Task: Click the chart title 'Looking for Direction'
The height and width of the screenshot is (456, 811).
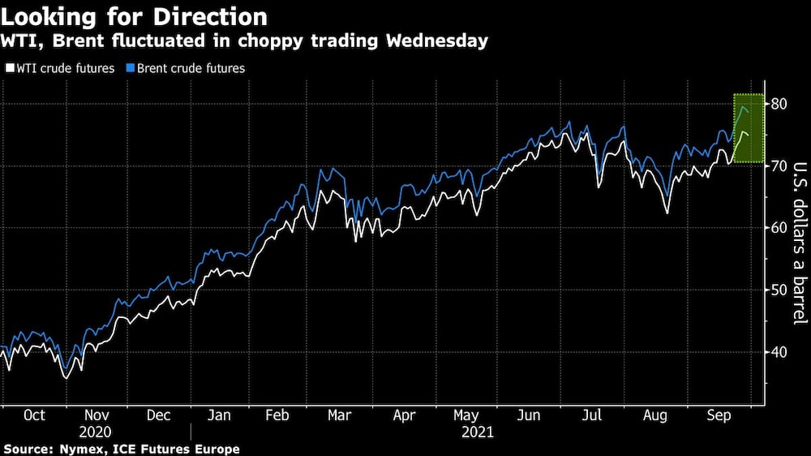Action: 135,16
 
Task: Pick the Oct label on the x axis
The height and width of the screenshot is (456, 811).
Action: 34,415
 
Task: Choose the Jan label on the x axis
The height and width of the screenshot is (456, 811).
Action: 221,415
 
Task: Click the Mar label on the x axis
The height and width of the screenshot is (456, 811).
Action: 339,415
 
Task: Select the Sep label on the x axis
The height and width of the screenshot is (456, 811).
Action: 716,415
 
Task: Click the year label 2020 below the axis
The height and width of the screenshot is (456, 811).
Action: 97,432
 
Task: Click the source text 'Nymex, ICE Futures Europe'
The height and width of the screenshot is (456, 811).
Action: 148,449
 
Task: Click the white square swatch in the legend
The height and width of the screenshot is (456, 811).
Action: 10,69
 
